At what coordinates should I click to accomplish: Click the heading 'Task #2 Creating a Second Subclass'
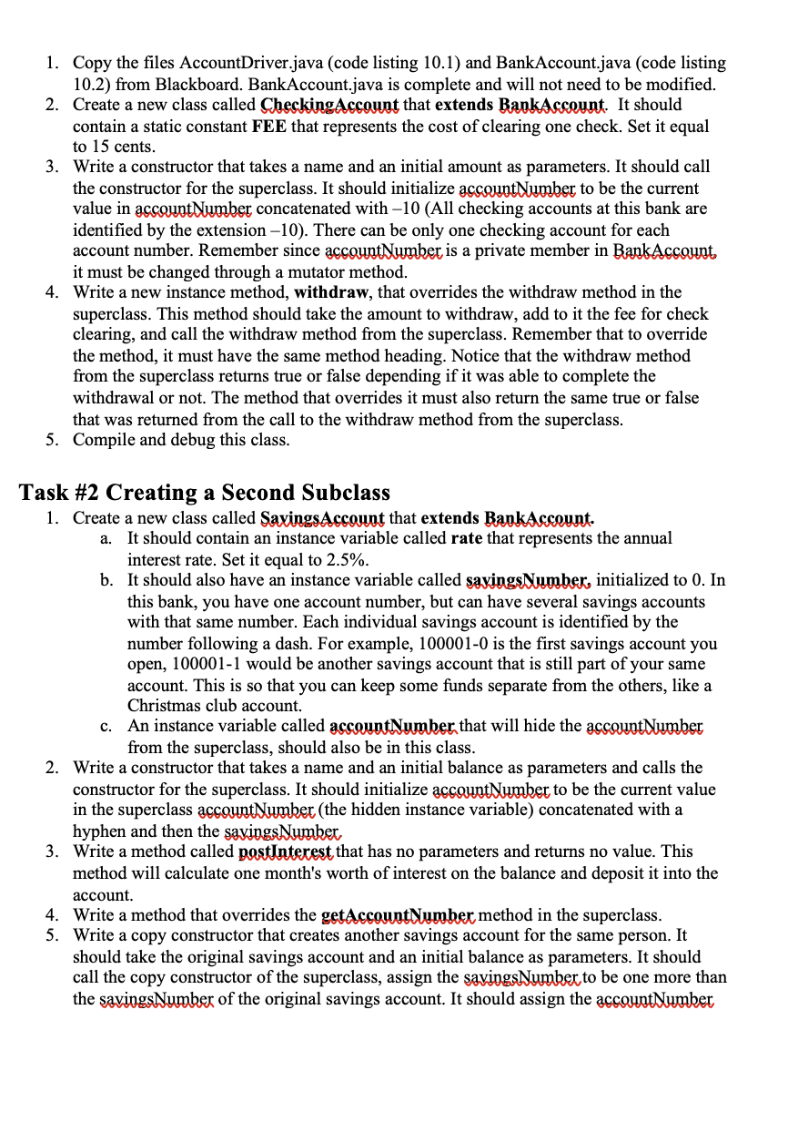coord(205,493)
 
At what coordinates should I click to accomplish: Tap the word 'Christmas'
coord(165,706)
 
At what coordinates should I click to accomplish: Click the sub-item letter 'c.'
coord(106,727)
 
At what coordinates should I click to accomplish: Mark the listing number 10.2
coord(88,84)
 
